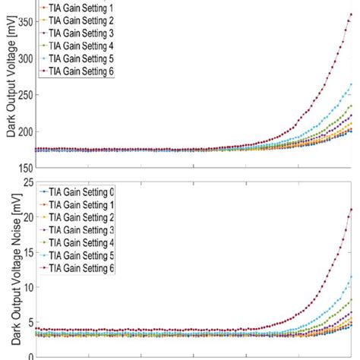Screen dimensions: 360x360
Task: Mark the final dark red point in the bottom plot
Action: pyautogui.click(x=351, y=210)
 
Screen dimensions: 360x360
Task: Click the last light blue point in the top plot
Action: pyautogui.click(x=351, y=84)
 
